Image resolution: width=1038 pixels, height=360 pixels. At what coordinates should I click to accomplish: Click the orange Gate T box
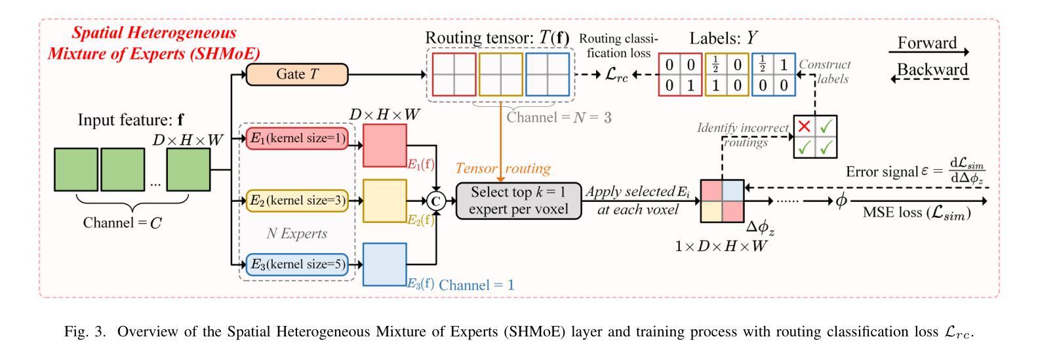(296, 74)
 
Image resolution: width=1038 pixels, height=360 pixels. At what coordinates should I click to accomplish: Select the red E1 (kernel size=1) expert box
(296, 138)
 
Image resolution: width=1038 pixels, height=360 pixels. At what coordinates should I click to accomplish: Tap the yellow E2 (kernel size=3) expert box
(296, 201)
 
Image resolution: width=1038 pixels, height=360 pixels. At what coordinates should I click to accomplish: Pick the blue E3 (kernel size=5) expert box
(296, 264)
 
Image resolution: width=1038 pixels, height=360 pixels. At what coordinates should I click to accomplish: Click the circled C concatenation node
(435, 201)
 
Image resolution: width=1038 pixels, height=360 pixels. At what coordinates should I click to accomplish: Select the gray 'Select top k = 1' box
(519, 201)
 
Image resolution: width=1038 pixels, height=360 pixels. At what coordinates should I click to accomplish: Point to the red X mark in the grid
(805, 126)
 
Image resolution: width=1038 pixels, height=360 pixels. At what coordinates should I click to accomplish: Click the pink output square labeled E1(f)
(385, 145)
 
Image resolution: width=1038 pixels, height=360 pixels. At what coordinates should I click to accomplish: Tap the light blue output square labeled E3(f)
(385, 264)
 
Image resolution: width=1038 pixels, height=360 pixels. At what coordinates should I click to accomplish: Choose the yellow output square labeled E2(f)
(385, 201)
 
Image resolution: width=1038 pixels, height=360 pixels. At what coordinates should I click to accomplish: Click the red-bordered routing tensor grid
(454, 74)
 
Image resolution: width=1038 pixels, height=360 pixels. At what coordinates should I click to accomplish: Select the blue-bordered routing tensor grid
(548, 74)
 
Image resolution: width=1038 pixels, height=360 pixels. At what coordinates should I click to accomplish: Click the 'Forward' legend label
(927, 43)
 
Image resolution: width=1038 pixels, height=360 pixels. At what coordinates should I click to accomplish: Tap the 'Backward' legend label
(932, 70)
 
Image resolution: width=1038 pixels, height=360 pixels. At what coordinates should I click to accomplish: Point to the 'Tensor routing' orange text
(503, 168)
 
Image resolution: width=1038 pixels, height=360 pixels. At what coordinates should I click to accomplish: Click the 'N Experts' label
(296, 233)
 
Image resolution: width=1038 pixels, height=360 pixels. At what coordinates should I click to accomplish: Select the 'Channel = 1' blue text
(476, 285)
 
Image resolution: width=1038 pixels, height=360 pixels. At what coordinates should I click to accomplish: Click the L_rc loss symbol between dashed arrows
(616, 75)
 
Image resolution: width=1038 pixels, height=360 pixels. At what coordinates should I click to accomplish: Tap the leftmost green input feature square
(76, 170)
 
